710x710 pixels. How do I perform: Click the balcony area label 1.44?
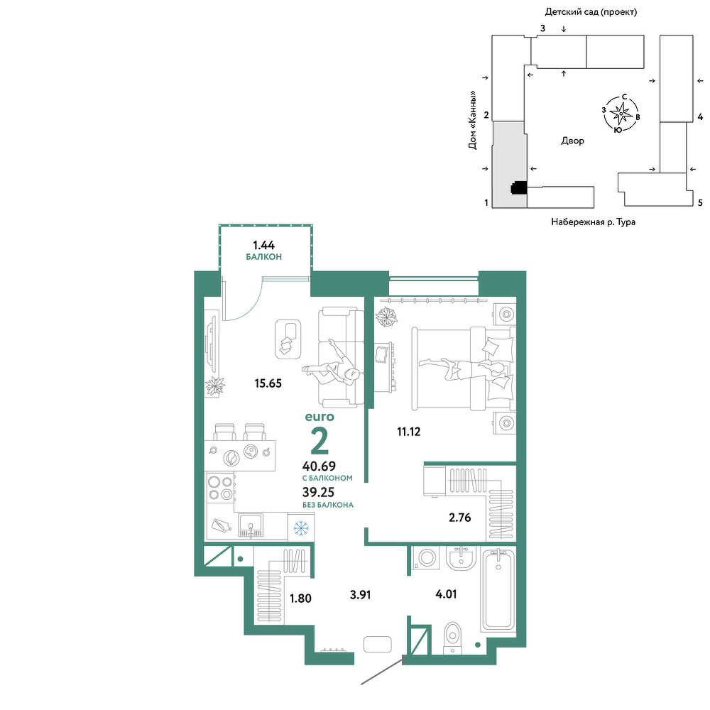[263, 246]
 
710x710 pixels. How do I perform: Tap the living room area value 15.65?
[268, 383]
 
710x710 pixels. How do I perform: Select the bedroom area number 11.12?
[409, 432]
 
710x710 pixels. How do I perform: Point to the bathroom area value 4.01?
[446, 594]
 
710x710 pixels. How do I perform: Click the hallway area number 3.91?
[361, 594]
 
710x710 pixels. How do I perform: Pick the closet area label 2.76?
[460, 518]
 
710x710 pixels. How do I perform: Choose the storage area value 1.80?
[300, 599]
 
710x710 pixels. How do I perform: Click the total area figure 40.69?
[319, 466]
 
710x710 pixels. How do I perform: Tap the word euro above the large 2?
[319, 417]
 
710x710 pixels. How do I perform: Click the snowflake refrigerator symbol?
[301, 528]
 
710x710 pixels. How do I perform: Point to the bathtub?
[498, 589]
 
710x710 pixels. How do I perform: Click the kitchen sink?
[251, 525]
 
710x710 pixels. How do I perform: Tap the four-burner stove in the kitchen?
[221, 487]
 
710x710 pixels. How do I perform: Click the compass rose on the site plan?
[621, 114]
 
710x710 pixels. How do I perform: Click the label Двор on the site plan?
[573, 141]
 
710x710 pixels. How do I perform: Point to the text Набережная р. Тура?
[593, 222]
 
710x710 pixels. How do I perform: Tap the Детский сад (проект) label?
[591, 12]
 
